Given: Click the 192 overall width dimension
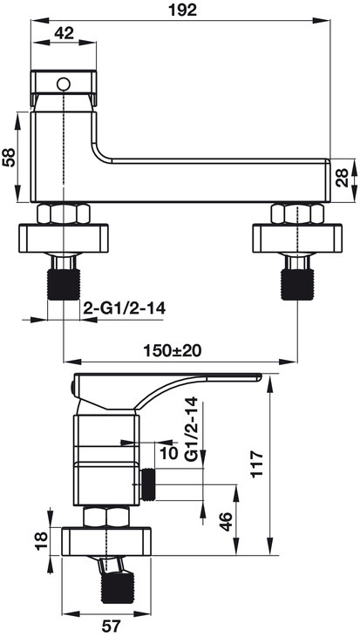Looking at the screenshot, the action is coord(182,10).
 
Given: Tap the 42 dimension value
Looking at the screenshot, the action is coord(65,33).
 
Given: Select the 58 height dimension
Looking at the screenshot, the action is coord(9,157).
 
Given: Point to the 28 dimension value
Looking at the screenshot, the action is coord(343,177).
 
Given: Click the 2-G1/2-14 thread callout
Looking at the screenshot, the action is coord(124,308).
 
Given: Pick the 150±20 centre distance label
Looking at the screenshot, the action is coord(173,350).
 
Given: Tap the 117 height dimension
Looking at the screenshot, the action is coord(257,464).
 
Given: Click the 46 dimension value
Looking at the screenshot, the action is coord(226,521).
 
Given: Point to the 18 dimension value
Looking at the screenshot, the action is coord(42,541).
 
